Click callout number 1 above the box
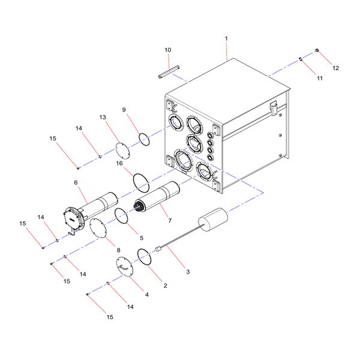(x=226, y=38)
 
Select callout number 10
(x=168, y=50)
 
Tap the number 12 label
(x=335, y=68)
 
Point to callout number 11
(x=320, y=78)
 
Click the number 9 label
(x=124, y=110)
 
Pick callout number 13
(x=103, y=118)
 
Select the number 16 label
(x=119, y=163)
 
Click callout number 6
(x=76, y=183)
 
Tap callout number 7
(x=170, y=221)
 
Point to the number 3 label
(x=188, y=272)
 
